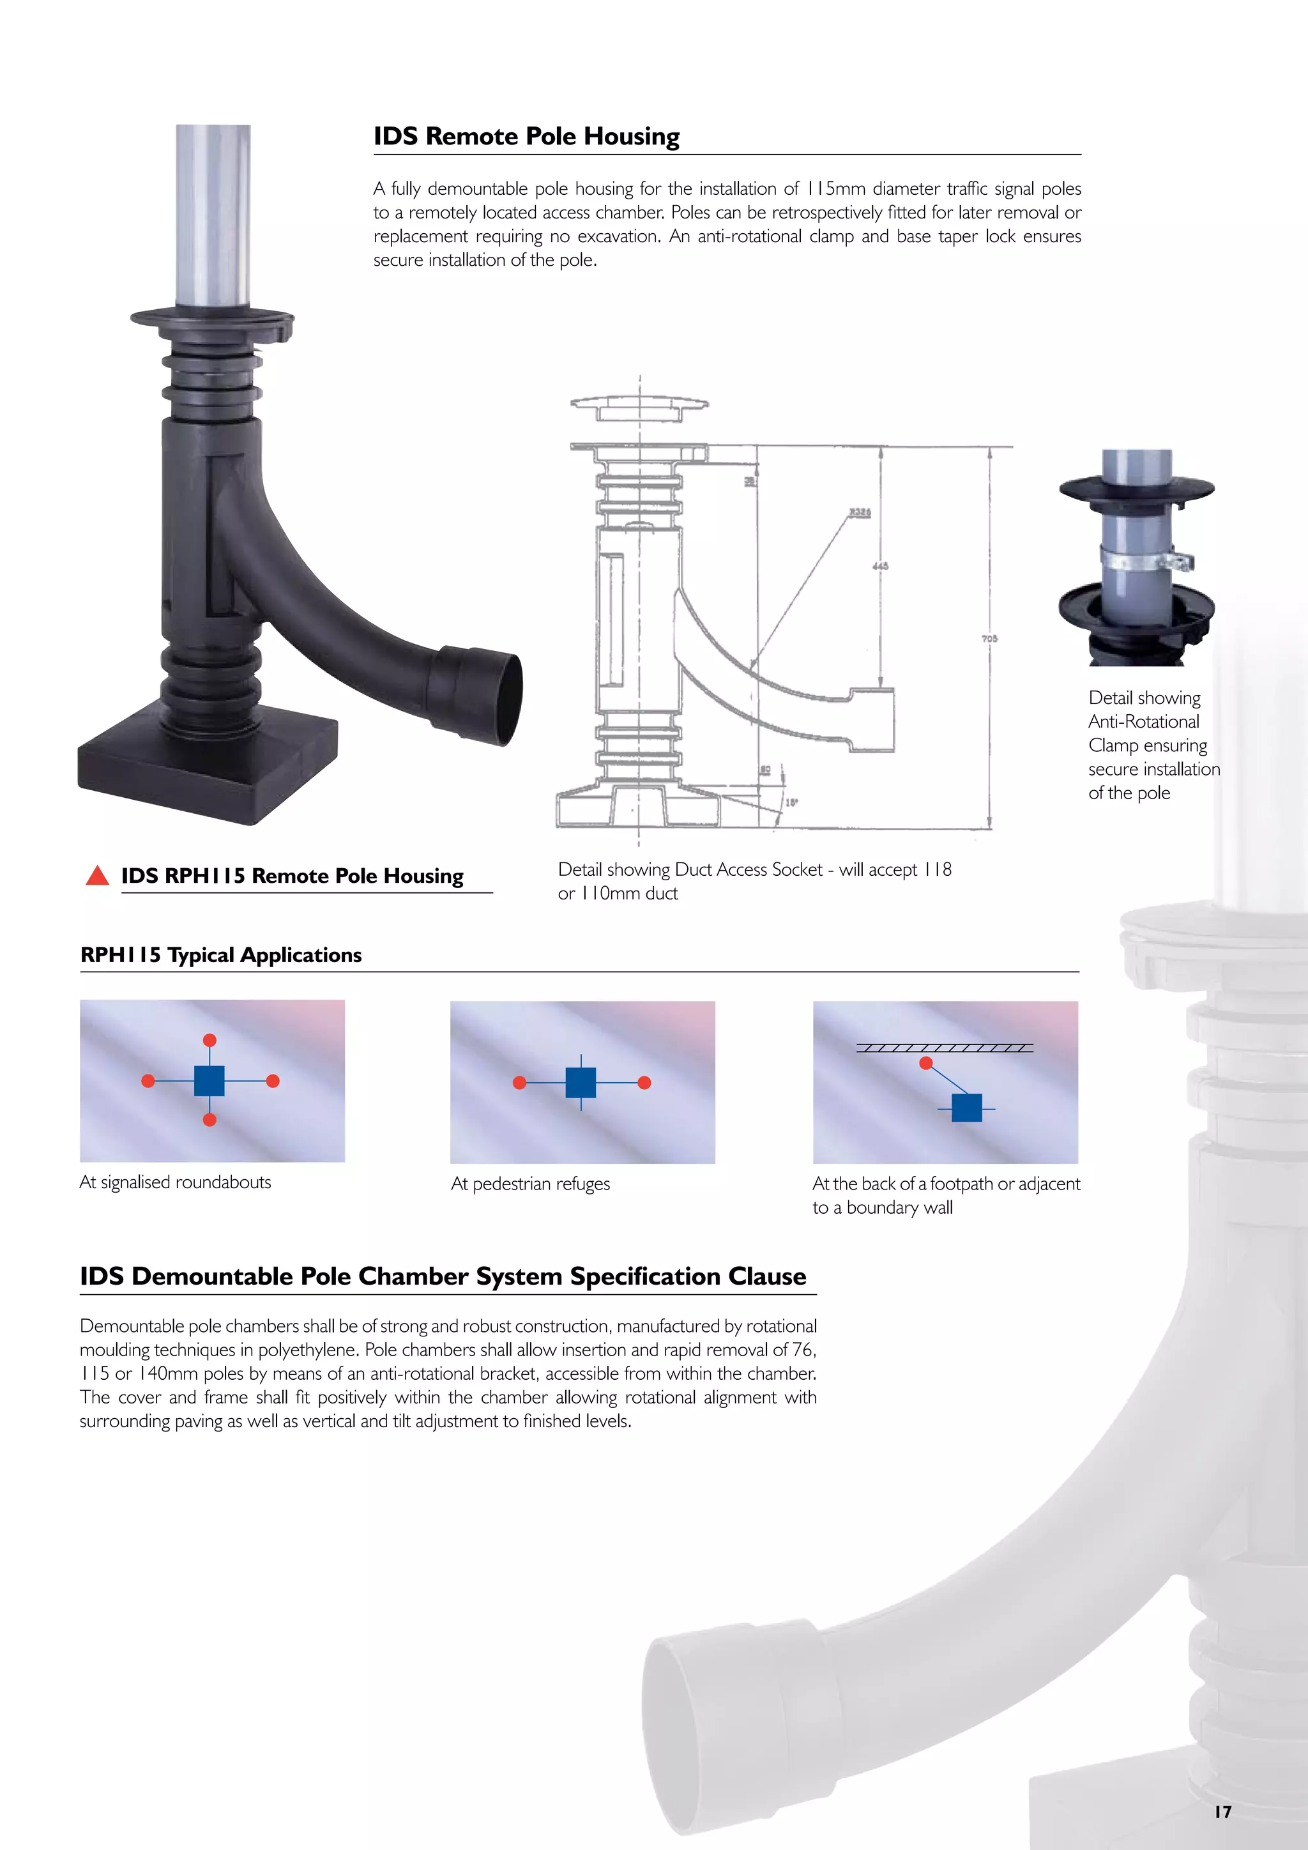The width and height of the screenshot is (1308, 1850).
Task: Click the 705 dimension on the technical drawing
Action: pyautogui.click(x=989, y=638)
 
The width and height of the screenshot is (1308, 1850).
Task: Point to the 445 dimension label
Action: pyautogui.click(x=880, y=565)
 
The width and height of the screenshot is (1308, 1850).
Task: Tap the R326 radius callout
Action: pyautogui.click(x=860, y=512)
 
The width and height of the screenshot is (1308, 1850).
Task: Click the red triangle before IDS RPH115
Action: pyautogui.click(x=98, y=876)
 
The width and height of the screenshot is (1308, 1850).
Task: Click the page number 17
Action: pyautogui.click(x=1222, y=1812)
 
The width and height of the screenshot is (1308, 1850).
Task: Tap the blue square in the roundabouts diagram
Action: pyautogui.click(x=209, y=1080)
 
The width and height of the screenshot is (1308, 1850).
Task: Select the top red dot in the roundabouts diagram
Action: pyautogui.click(x=209, y=1040)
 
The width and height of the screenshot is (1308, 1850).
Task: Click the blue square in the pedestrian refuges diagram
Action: pyautogui.click(x=581, y=1083)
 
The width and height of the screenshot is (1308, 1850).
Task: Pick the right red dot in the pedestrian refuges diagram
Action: pyautogui.click(x=644, y=1083)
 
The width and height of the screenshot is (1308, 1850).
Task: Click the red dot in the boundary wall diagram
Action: pyautogui.click(x=926, y=1064)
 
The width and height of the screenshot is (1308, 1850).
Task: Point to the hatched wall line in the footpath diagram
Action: pyautogui.click(x=944, y=1048)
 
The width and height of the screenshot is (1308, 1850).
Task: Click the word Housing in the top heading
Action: pyautogui.click(x=632, y=136)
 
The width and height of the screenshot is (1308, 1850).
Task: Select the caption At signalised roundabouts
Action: pyautogui.click(x=176, y=1182)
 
